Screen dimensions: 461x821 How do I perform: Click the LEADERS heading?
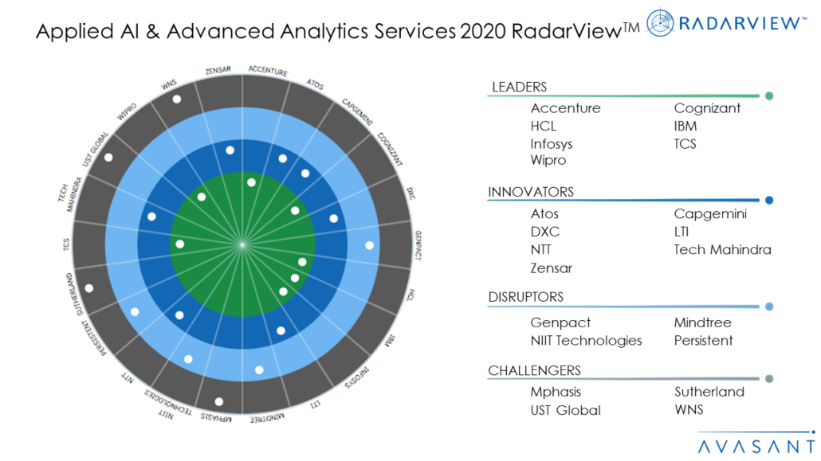pos(519,87)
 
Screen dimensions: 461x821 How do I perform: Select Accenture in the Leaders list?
pos(565,108)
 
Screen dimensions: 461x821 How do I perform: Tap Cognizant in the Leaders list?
pos(707,108)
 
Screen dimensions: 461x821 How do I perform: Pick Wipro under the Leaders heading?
pos(548,160)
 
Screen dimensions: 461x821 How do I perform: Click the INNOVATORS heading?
pos(530,192)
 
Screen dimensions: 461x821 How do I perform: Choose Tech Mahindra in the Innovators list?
pos(722,250)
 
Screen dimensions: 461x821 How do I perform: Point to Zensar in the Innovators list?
pos(552,268)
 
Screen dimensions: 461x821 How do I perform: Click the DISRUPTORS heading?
pos(525,297)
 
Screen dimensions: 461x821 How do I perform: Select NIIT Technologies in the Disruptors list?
pos(586,341)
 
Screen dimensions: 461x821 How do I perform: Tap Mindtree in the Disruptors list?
pos(702,322)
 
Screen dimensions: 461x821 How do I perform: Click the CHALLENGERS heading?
pos(534,370)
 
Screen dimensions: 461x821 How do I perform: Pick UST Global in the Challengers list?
pos(565,411)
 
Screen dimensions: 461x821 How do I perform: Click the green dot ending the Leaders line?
pos(769,96)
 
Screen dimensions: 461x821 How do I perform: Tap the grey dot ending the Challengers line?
pos(769,379)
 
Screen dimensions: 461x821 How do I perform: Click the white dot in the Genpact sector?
pos(369,245)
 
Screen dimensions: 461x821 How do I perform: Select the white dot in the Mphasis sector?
pos(219,401)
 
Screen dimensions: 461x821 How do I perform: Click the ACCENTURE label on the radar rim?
pos(268,71)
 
